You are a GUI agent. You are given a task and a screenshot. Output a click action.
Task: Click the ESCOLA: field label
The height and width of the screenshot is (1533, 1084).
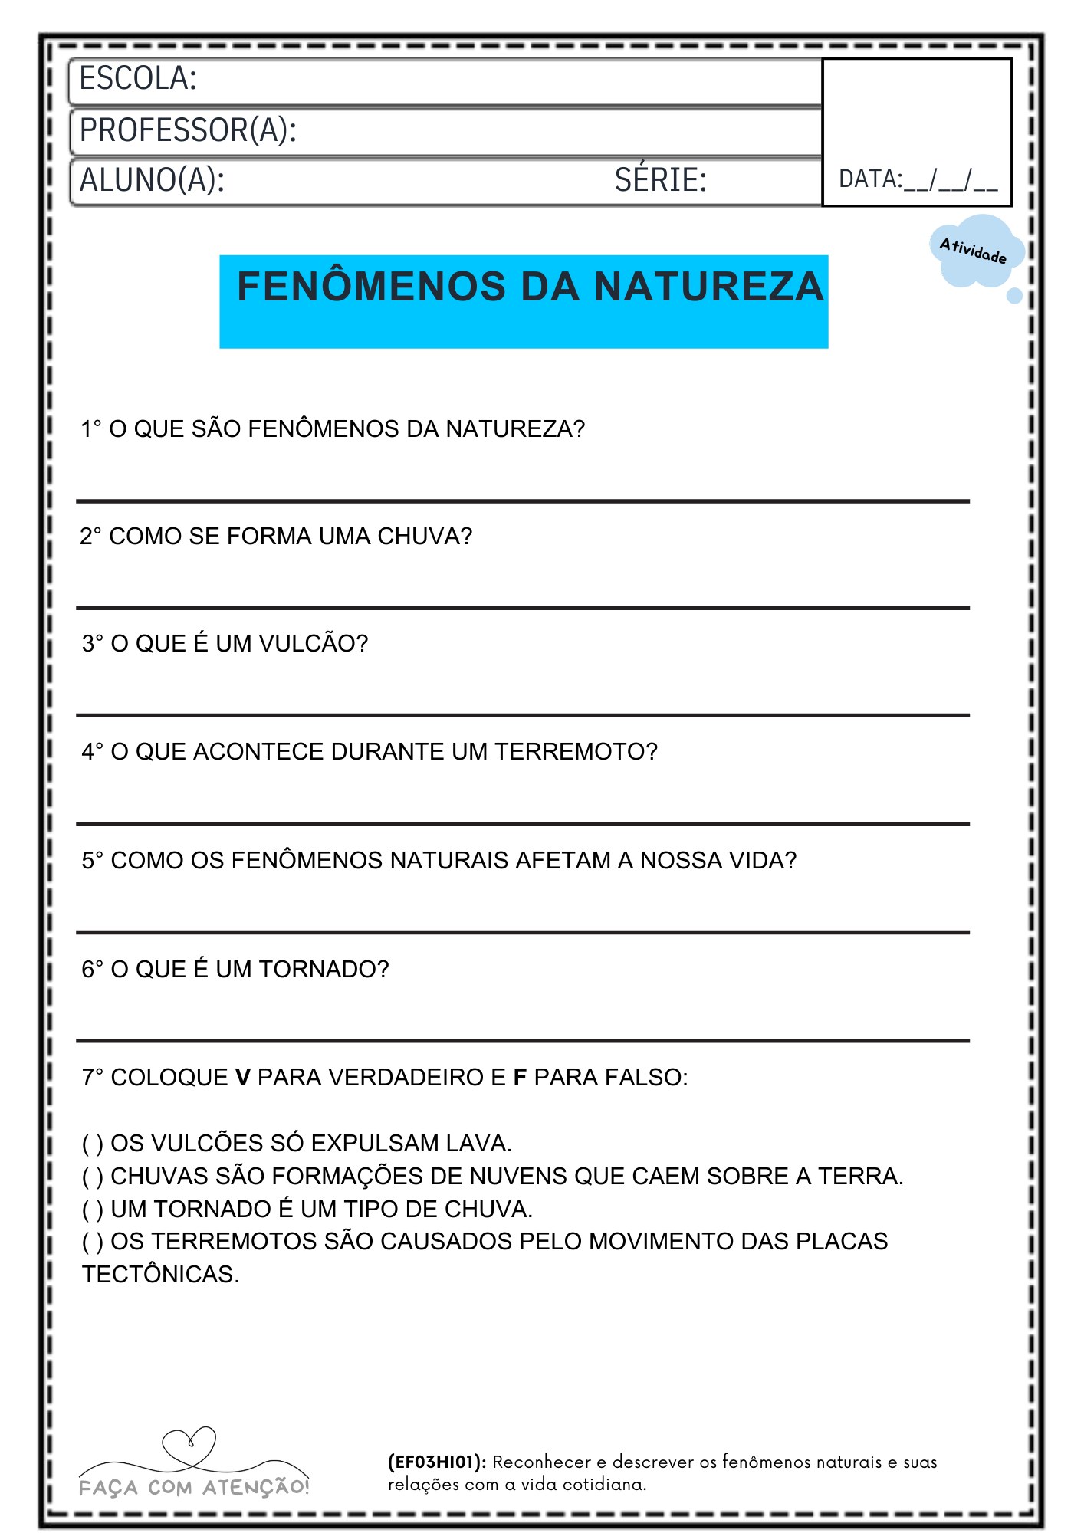pos(138,79)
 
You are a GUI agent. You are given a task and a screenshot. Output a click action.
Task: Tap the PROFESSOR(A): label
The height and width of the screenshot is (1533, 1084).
pos(188,130)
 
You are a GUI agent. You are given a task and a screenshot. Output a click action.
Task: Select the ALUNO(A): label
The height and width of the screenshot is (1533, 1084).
pos(152,181)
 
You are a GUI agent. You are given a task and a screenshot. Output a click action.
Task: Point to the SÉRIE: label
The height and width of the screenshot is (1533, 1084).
pos(660,181)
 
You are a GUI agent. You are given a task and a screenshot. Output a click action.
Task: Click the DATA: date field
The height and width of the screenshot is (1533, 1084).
pos(918,179)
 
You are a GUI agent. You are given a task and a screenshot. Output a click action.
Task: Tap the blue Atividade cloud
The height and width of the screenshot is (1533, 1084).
pos(974,251)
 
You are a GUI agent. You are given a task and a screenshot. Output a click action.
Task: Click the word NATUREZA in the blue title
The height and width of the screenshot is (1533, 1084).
pos(709,287)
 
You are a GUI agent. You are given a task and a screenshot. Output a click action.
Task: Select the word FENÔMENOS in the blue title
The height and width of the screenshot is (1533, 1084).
pos(371,287)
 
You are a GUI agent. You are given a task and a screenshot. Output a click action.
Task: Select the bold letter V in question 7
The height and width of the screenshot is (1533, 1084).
pos(243,1078)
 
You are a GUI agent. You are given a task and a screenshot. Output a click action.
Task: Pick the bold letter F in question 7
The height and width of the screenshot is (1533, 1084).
pos(520,1078)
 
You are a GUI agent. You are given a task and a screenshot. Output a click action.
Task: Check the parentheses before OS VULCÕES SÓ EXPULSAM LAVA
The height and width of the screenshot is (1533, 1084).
pos(93,1144)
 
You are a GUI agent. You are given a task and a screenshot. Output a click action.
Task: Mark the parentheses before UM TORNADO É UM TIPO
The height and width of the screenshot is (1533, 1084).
pos(93,1210)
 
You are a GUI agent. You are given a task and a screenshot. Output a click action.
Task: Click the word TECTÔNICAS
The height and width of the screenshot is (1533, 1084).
pos(160,1275)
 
